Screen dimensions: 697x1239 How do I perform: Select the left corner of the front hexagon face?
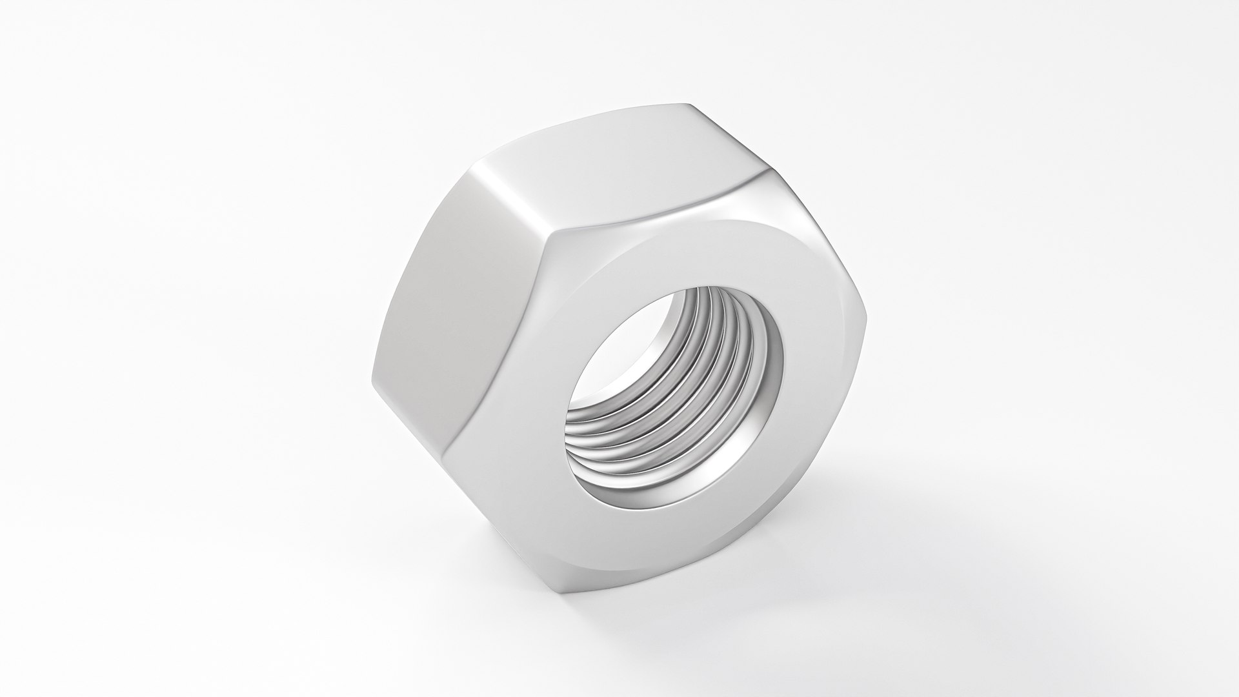coord(452,445)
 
